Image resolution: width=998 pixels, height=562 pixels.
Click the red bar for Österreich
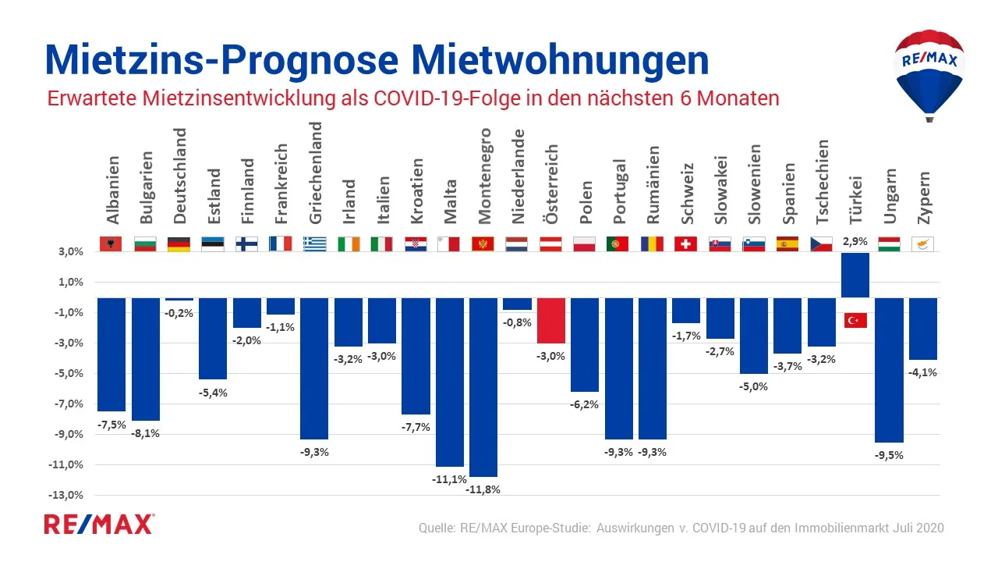click(551, 320)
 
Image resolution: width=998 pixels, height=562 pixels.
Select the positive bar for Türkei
click(855, 275)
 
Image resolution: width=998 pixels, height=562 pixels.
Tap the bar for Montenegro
click(483, 386)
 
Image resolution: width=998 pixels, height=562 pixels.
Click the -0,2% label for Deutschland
click(179, 312)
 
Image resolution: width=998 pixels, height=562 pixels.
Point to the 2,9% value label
click(855, 243)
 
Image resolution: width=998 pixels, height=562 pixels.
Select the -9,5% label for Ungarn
click(889, 455)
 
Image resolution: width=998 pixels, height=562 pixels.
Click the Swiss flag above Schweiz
click(685, 244)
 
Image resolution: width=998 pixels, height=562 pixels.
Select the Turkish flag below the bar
click(855, 320)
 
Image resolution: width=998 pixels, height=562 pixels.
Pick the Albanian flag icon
click(111, 244)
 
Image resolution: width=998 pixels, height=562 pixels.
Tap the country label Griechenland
click(317, 173)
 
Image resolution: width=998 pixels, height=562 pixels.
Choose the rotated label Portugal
click(620, 192)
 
